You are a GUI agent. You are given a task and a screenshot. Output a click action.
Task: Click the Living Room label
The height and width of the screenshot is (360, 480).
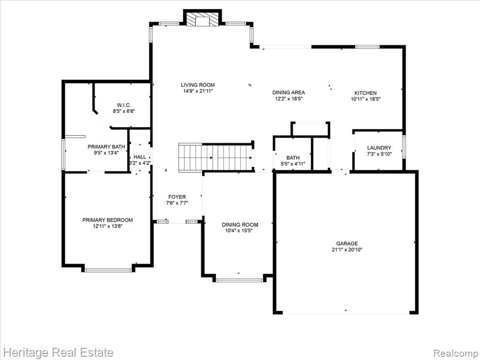[x=198, y=85]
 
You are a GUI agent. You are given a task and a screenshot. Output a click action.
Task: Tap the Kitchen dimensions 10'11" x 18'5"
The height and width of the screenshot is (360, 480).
[x=366, y=99]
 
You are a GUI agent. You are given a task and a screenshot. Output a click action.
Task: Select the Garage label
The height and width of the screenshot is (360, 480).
[x=347, y=243]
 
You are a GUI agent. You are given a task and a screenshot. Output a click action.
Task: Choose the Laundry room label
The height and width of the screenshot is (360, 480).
[x=379, y=148]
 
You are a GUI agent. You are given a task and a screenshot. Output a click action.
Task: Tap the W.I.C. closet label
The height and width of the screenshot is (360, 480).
[x=124, y=105]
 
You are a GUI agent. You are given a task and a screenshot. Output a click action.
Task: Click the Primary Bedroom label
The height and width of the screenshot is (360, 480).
[x=107, y=220]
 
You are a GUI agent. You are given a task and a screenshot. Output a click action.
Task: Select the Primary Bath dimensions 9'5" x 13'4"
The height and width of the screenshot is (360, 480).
[x=106, y=153]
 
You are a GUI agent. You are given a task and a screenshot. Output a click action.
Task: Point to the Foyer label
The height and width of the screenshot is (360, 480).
[x=177, y=197]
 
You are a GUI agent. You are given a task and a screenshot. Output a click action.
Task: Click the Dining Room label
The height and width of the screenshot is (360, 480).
[x=240, y=225]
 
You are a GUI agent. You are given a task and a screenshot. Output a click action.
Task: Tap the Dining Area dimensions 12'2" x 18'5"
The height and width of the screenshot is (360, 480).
[x=289, y=98]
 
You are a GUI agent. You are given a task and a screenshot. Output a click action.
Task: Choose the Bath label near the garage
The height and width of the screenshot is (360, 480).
[x=293, y=157]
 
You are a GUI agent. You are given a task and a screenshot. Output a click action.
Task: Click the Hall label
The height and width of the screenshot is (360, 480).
[x=140, y=157]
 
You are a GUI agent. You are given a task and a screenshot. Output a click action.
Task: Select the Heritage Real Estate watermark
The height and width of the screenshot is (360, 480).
[x=57, y=352]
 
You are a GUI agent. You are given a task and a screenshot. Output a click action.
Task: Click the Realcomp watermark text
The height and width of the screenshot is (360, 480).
[x=456, y=353]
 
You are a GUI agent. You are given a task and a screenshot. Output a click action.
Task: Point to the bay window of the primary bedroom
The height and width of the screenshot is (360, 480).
[x=108, y=270]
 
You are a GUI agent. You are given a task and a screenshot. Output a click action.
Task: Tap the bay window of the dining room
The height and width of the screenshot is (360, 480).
[x=240, y=279]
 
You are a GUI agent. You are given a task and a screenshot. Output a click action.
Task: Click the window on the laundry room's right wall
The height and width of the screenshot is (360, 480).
[x=404, y=147]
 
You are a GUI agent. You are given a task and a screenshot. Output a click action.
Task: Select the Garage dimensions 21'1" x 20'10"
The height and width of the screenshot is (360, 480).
[x=347, y=249]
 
